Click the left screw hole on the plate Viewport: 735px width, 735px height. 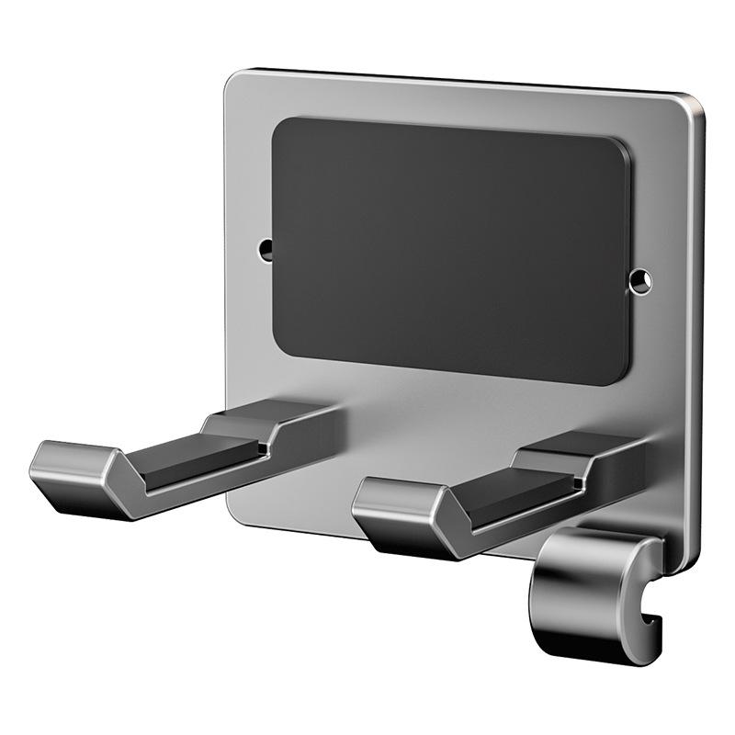coord(266,247)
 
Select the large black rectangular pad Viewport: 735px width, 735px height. coord(450,248)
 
